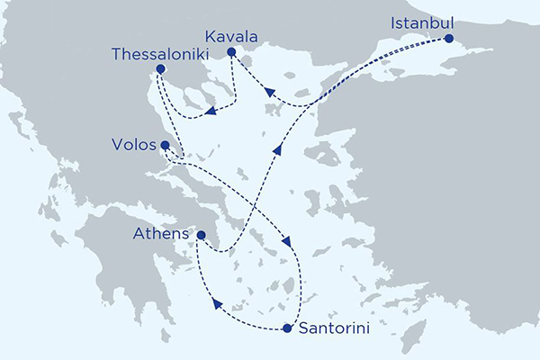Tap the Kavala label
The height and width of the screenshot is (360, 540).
tap(231, 36)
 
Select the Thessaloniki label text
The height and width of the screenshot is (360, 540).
tap(159, 54)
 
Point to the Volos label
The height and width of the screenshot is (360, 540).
tap(132, 144)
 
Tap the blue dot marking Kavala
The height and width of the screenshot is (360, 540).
tap(231, 52)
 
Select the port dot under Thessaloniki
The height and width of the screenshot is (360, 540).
tap(160, 69)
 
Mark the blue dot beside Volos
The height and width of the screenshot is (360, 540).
tap(165, 145)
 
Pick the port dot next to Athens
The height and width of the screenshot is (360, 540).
tap(202, 237)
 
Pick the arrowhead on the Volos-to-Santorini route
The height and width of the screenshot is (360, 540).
tap(289, 242)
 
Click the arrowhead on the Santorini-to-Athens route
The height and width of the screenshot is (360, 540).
tap(217, 304)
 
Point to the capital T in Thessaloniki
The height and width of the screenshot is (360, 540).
tap(117, 54)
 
